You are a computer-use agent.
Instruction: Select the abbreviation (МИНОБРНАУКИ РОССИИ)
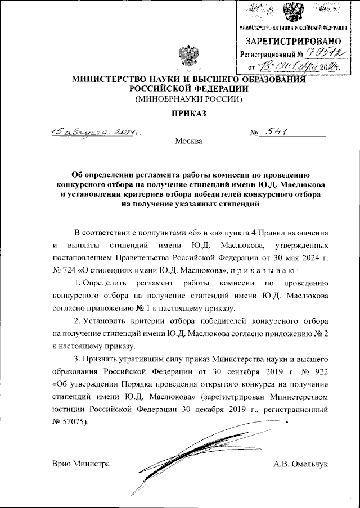(x=188, y=99)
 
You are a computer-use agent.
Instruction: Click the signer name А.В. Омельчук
(x=300, y=464)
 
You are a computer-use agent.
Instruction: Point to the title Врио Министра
(x=80, y=464)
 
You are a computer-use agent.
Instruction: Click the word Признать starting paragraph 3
(x=102, y=359)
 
